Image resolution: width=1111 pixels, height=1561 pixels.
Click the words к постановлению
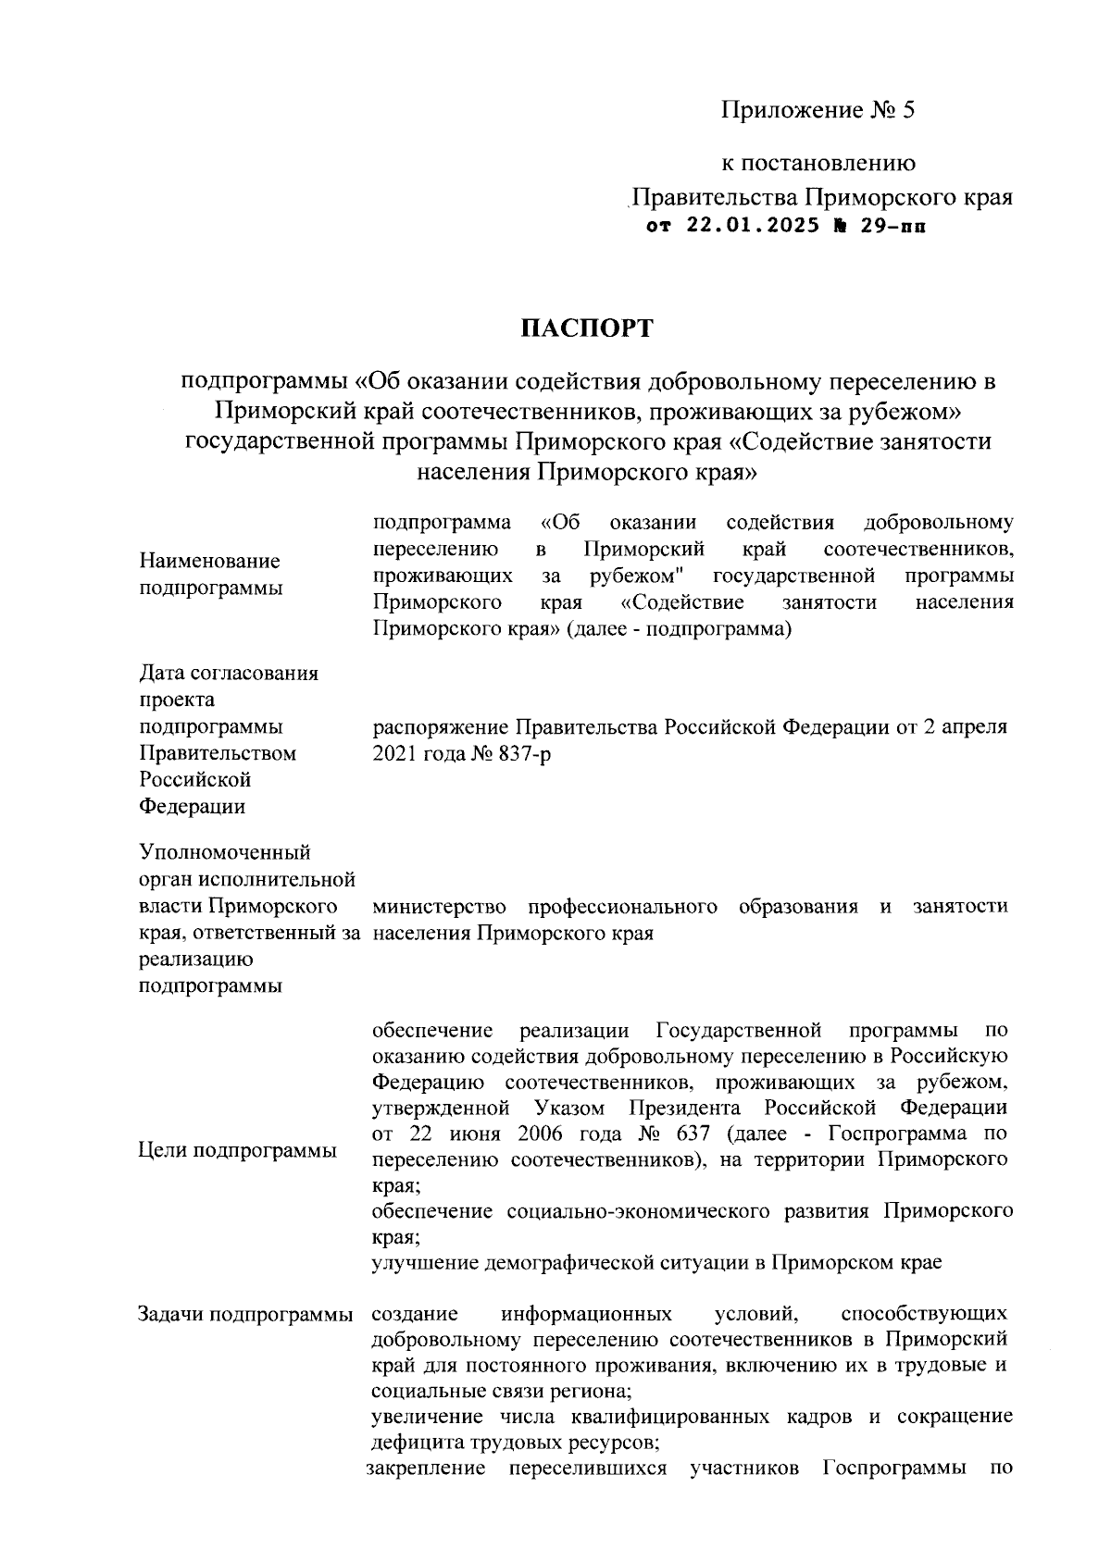coord(818,164)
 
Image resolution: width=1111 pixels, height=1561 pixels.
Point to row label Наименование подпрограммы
coord(210,575)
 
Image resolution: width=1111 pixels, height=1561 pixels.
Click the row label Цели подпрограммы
coord(237,1150)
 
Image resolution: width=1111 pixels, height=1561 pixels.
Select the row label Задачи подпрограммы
coord(245,1314)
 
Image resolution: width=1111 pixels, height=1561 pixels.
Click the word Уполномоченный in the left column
coord(224,852)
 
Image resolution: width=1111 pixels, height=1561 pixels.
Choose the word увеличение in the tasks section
coord(427,1417)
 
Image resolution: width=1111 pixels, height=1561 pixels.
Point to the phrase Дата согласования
coord(228,673)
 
